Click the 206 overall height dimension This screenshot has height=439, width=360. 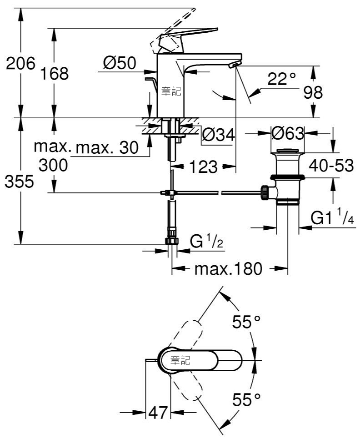[x=21, y=63]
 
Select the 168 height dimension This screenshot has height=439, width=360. [x=55, y=73]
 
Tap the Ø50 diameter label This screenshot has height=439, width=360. [x=120, y=63]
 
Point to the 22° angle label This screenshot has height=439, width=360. [x=281, y=79]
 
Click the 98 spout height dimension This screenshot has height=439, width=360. [x=313, y=92]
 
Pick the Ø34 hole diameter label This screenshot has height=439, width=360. [x=219, y=135]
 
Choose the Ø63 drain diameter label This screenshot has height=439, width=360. [x=288, y=133]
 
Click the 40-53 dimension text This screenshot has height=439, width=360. [x=331, y=166]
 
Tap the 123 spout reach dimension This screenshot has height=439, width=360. [x=203, y=167]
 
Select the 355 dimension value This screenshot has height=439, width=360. [x=19, y=182]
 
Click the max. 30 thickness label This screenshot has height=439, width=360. [x=107, y=147]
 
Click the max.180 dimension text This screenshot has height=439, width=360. [x=228, y=269]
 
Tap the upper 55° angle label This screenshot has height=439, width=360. [x=246, y=322]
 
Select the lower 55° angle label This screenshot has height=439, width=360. [x=246, y=399]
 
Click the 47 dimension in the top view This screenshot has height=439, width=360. [x=158, y=413]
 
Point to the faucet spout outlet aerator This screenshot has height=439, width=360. [x=234, y=66]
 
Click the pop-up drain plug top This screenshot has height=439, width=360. [x=288, y=151]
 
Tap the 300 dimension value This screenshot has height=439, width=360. [x=53, y=165]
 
